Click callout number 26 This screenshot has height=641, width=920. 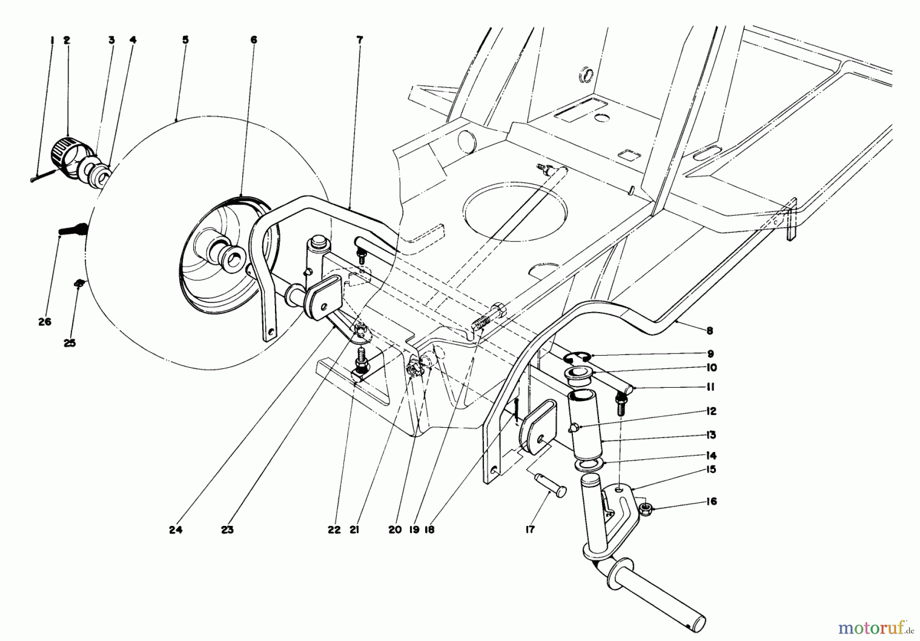(44, 322)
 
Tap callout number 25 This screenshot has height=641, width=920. (70, 343)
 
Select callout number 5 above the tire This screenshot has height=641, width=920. (185, 39)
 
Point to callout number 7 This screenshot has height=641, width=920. (359, 39)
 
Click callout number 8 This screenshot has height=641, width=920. (709, 330)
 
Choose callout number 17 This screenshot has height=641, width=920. (530, 530)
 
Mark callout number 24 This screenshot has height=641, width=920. (175, 530)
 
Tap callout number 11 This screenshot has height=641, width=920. (710, 387)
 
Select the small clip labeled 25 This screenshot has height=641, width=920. (78, 282)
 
